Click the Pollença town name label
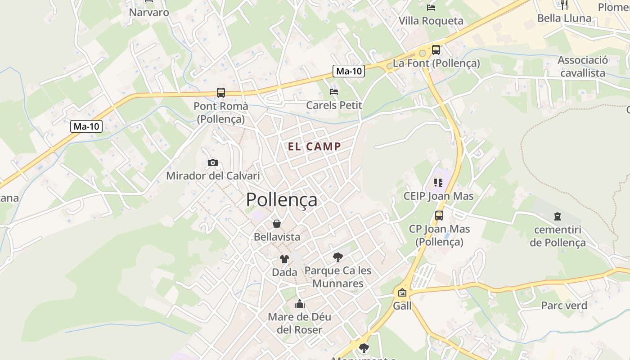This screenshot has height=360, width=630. (x=281, y=200)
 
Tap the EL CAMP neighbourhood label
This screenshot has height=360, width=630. (x=315, y=146)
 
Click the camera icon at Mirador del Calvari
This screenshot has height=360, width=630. (x=213, y=162)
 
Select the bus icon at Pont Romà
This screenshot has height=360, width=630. (x=220, y=93)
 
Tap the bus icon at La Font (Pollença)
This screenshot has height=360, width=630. (x=436, y=50)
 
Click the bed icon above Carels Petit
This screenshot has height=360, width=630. (x=333, y=92)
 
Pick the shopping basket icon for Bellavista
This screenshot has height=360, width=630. (x=277, y=224)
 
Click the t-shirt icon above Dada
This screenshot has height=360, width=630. (x=284, y=259)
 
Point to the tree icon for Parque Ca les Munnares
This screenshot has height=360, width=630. (x=337, y=257)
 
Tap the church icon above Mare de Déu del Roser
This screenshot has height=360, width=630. (x=299, y=304)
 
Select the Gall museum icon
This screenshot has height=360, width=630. (x=402, y=293)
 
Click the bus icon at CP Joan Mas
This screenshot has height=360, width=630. (x=439, y=216)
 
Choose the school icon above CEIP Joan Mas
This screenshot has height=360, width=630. (x=438, y=183)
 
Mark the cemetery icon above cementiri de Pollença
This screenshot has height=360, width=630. (x=558, y=216)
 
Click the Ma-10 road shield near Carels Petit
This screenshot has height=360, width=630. (x=349, y=71)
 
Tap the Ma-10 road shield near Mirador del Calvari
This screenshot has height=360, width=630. (x=86, y=126)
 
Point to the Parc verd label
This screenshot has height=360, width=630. (x=564, y=306)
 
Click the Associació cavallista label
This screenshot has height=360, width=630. (x=583, y=67)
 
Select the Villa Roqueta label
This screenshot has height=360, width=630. (x=431, y=21)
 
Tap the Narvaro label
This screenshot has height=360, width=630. (x=149, y=12)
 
